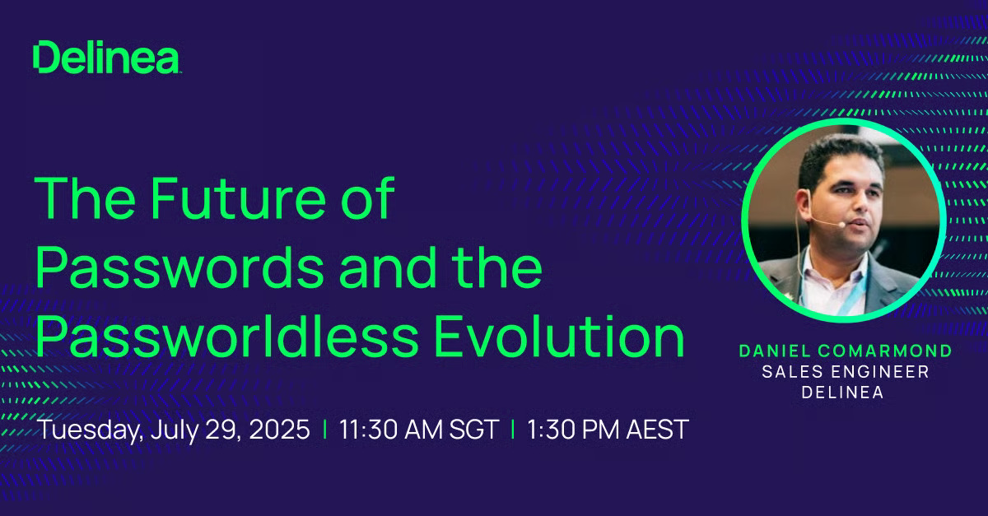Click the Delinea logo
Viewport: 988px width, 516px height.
click(106, 57)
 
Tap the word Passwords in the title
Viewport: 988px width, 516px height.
click(180, 267)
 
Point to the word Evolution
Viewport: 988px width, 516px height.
click(560, 337)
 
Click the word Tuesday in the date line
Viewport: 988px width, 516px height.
click(91, 429)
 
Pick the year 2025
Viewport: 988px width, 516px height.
click(280, 429)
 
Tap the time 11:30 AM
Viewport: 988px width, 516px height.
click(391, 429)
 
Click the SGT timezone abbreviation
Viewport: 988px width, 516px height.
click(474, 429)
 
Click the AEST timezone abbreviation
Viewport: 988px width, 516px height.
click(657, 429)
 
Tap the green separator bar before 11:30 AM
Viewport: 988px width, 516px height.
click(325, 429)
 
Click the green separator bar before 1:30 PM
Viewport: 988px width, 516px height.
click(512, 429)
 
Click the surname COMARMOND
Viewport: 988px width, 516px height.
click(884, 351)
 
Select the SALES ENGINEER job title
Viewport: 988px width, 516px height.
click(846, 372)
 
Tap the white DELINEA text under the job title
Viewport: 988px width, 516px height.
click(842, 392)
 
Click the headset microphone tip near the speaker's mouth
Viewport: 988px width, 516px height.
click(841, 225)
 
